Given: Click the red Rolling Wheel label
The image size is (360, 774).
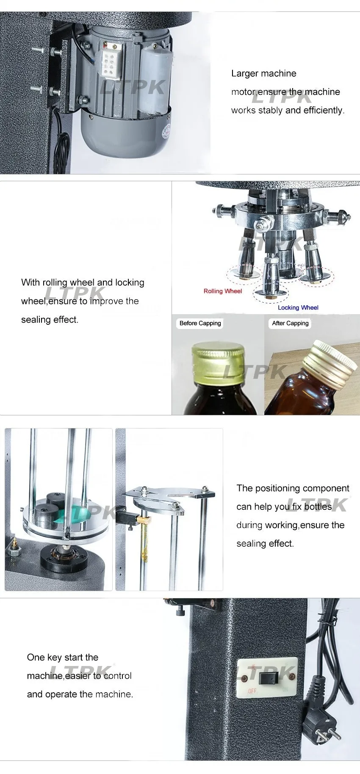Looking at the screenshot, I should click(x=222, y=291).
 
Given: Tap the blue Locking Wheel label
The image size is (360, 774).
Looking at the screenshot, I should click(x=298, y=307).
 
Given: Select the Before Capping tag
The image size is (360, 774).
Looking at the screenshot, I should click(x=200, y=323).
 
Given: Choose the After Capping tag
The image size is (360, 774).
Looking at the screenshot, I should click(x=290, y=323).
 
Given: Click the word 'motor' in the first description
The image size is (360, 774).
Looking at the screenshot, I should click(x=243, y=92).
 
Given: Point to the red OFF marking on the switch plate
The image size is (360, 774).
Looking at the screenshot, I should click(x=252, y=691).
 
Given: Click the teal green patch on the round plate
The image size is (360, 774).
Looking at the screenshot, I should click(x=78, y=513).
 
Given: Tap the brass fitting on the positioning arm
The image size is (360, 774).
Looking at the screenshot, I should click(x=144, y=519).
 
